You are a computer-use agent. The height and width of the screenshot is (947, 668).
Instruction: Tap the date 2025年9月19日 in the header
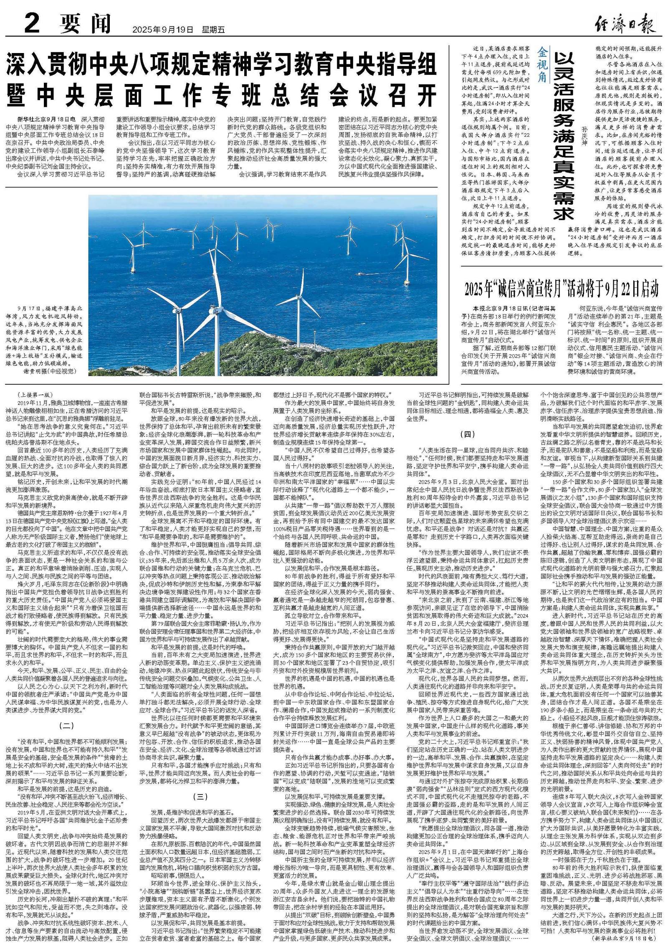163,30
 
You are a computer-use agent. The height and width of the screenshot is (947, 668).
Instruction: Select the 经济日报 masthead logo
625,25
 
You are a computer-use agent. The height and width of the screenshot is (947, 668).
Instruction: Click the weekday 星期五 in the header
213,30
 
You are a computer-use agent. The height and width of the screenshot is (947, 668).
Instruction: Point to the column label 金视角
542,59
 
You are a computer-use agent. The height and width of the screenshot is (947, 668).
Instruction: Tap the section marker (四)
467,434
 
